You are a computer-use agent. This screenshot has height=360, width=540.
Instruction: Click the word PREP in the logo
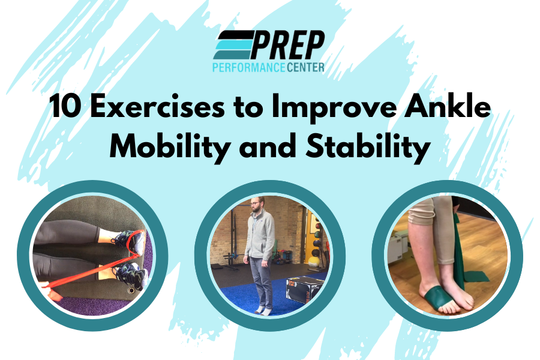coord(287,45)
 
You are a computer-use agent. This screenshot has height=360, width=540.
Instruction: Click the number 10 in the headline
coord(65,106)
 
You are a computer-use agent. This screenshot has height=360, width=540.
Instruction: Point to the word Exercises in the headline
coord(157,106)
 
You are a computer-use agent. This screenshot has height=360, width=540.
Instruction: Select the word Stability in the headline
coord(368,146)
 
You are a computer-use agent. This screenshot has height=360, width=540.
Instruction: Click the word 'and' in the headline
coord(268,145)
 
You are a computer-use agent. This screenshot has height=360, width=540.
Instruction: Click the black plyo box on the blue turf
coord(304,289)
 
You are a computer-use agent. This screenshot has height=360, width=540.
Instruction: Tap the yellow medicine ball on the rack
coord(313,262)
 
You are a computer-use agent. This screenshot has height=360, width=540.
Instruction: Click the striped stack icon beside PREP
coord(233,45)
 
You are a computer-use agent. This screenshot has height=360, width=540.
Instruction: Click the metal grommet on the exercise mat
coord(131,291)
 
